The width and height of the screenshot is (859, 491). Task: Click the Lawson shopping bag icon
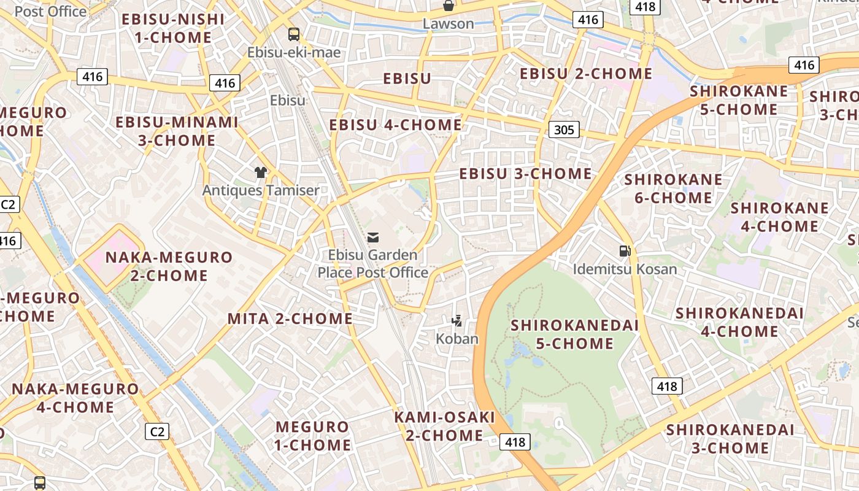(449, 6)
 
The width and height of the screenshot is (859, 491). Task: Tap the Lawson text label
(449, 24)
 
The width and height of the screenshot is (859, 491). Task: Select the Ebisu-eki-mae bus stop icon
(294, 34)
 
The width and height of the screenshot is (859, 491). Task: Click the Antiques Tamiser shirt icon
(261, 172)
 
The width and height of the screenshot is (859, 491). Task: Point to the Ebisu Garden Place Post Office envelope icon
(373, 238)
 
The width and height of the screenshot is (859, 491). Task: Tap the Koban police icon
(456, 320)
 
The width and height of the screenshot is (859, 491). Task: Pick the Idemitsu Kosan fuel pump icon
(625, 251)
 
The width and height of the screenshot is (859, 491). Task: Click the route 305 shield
(564, 130)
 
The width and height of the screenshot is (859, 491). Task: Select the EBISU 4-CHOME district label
(396, 125)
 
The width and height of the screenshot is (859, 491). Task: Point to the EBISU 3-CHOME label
(526, 174)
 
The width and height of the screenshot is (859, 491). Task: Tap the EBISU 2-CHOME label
(586, 74)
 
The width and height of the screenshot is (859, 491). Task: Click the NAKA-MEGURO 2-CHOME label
(169, 266)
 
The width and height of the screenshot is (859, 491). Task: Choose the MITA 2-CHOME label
(290, 319)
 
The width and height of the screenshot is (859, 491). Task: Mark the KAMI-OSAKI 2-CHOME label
(444, 426)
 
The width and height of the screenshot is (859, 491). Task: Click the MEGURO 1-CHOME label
(313, 435)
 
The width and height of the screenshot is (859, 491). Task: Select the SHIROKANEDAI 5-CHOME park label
(575, 334)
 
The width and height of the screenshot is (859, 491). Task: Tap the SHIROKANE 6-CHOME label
(674, 189)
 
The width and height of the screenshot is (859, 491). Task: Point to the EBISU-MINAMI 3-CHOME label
(177, 131)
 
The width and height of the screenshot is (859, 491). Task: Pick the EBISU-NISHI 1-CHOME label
(173, 28)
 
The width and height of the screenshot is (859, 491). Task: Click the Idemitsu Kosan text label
(625, 269)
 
